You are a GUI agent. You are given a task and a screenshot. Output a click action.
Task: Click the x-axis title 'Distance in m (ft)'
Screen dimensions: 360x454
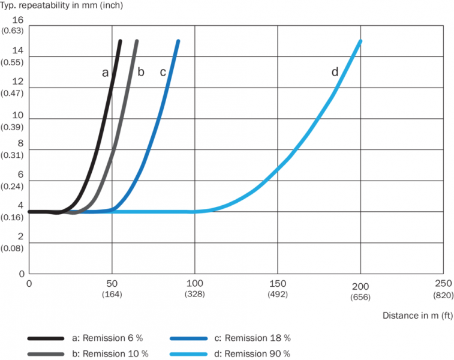pyautogui.click(x=417, y=315)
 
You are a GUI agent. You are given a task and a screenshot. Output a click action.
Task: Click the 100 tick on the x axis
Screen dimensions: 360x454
pyautogui.click(x=194, y=283)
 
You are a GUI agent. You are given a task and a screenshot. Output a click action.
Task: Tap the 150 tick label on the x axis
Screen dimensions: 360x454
pyautogui.click(x=278, y=283)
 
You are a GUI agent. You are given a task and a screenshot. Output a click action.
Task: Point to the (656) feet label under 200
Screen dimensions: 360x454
pyautogui.click(x=360, y=295)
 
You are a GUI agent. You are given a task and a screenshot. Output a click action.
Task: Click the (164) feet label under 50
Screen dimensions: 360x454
pyautogui.click(x=112, y=295)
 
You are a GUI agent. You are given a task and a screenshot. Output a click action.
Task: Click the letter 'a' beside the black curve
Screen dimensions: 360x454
pyautogui.click(x=105, y=73)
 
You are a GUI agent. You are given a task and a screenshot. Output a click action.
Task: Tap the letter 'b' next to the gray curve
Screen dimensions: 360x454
pyautogui.click(x=141, y=73)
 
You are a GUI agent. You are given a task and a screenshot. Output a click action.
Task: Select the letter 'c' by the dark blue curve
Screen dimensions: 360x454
pyautogui.click(x=163, y=73)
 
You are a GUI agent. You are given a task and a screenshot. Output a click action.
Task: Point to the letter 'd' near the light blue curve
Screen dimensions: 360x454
pyautogui.click(x=335, y=72)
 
